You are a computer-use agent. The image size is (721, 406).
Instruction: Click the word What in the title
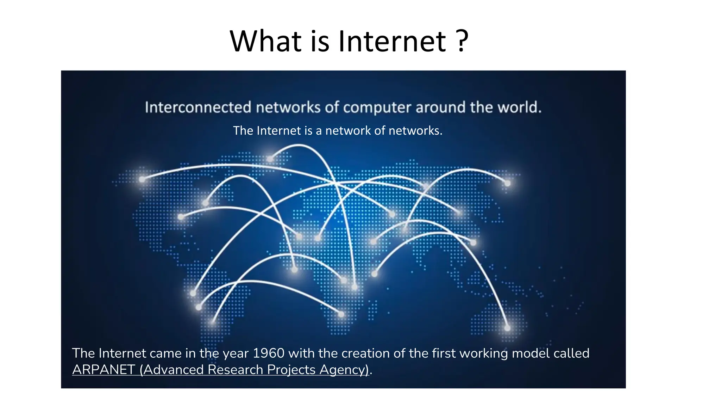(266, 41)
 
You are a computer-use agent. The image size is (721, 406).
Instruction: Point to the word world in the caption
(519, 107)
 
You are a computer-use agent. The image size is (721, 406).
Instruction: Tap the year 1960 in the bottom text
(269, 353)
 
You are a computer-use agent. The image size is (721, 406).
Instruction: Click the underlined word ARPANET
(104, 370)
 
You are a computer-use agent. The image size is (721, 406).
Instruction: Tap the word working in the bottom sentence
(483, 353)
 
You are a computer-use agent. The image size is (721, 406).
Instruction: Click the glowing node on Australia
(507, 328)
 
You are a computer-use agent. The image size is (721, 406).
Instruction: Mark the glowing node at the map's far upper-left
(142, 179)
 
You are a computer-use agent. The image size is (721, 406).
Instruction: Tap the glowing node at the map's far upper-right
(507, 183)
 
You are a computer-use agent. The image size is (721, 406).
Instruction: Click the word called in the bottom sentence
(571, 353)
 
